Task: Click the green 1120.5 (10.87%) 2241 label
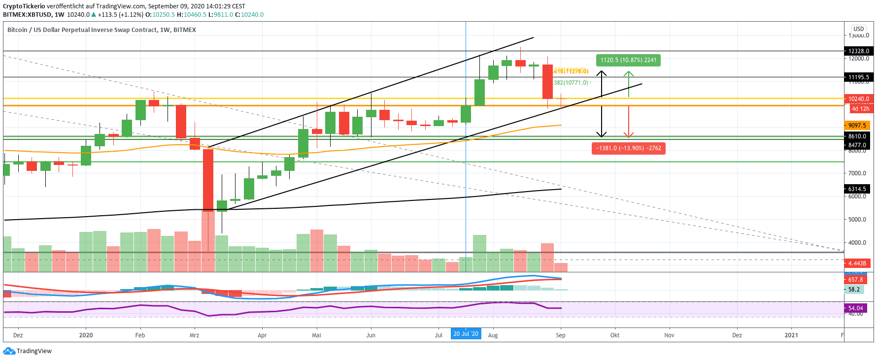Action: point(628,60)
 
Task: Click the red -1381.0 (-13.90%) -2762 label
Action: point(628,148)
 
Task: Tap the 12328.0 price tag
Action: point(858,51)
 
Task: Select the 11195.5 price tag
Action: point(858,77)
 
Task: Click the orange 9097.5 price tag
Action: point(857,126)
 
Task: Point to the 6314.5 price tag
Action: point(857,189)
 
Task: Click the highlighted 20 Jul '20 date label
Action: point(466,334)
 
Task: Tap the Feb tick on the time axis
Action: point(140,335)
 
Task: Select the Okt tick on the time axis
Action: point(615,335)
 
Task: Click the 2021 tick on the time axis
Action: point(791,335)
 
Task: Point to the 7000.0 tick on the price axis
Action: point(857,173)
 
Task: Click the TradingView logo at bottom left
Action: point(28,351)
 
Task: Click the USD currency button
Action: point(859,29)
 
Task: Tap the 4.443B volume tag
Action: point(857,263)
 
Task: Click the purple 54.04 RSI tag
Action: point(856,308)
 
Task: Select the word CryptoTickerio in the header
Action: point(24,6)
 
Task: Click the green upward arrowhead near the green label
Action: point(628,74)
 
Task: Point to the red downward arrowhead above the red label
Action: point(628,134)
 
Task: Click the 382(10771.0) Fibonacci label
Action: point(572,83)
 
